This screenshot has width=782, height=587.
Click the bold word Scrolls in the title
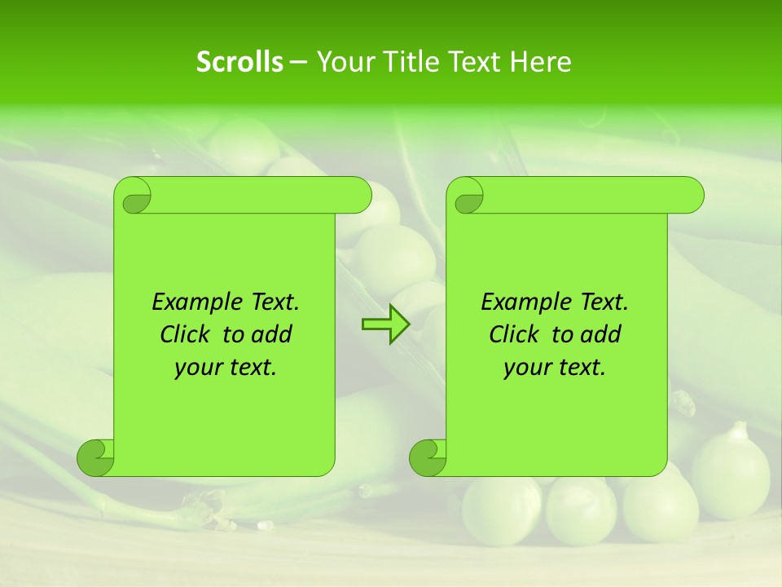[x=239, y=61]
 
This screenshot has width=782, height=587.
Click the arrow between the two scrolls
[x=385, y=324]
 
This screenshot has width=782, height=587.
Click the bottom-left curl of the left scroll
[x=96, y=457]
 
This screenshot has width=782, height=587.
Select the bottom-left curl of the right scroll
[x=428, y=457]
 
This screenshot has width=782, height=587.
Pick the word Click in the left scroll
[x=184, y=335]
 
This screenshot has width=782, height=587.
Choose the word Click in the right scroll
[x=513, y=335]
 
